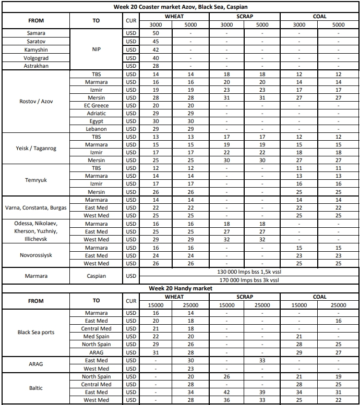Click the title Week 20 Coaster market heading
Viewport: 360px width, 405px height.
[x=180, y=7]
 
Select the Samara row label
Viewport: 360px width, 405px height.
[x=36, y=33]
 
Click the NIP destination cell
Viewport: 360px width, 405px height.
[x=96, y=50]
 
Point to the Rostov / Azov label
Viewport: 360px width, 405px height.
[x=36, y=102]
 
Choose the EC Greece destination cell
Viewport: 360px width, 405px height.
[x=96, y=105]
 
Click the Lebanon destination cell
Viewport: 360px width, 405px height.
[x=96, y=129]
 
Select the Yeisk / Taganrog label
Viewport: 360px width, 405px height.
[x=36, y=149]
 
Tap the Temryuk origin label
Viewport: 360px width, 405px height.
[x=36, y=180]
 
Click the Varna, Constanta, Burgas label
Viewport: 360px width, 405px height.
[x=36, y=207]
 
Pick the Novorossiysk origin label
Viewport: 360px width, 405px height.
[x=36, y=255]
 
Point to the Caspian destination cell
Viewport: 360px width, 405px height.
[x=96, y=276]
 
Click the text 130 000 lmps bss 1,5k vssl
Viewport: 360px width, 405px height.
[x=248, y=272]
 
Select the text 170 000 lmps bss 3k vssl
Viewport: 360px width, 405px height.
[x=248, y=280]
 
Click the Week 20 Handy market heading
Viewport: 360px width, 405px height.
[x=180, y=288]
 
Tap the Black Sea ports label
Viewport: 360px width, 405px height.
[x=36, y=332]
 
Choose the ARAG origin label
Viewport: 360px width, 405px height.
[x=36, y=364]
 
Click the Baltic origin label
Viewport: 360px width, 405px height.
[x=36, y=388]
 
